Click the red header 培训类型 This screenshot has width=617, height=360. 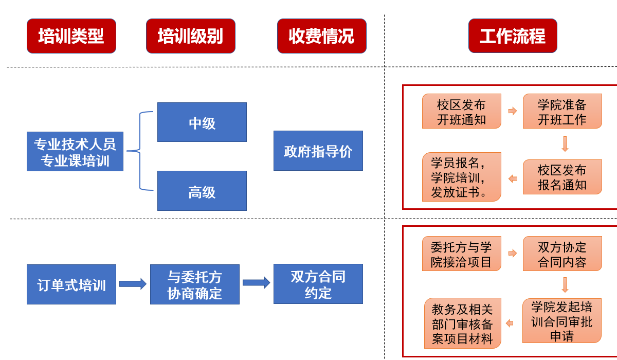[x=71, y=36]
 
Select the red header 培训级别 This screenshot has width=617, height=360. [x=191, y=36]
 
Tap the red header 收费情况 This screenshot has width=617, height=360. [x=322, y=36]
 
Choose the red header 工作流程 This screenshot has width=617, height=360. [x=513, y=36]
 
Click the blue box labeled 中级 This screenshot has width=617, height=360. [x=202, y=122]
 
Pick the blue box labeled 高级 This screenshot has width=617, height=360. [x=202, y=191]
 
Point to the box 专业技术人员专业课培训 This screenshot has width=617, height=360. [x=75, y=151]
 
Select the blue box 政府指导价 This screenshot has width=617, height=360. [x=318, y=151]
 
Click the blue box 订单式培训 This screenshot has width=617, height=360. [x=71, y=284]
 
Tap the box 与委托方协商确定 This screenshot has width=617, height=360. [x=194, y=284]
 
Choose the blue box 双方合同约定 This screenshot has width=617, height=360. [x=318, y=284]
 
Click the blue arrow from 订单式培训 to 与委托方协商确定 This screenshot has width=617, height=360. [x=133, y=284]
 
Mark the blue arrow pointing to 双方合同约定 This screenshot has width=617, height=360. [x=256, y=283]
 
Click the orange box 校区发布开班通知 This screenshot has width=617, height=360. [x=461, y=111]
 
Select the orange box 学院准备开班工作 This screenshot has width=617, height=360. [x=562, y=111]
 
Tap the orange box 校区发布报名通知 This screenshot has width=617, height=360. [x=562, y=177]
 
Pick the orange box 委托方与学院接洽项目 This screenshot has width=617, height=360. [x=461, y=254]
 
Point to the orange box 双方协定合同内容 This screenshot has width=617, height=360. [x=562, y=254]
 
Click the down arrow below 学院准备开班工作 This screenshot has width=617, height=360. [x=565, y=144]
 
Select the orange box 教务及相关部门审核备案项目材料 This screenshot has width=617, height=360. [x=462, y=323]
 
